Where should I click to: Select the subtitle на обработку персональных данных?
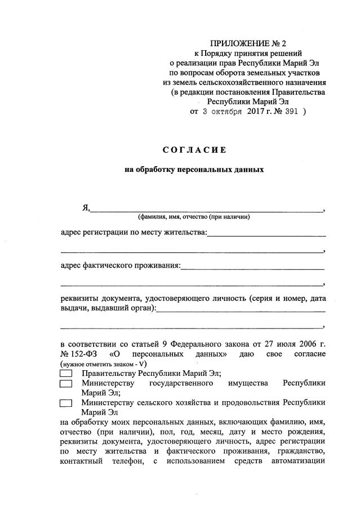click(x=193, y=168)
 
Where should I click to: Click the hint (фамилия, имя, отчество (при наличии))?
click(x=193, y=217)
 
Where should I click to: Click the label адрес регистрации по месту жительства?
click(x=134, y=232)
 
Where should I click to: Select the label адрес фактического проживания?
click(x=121, y=265)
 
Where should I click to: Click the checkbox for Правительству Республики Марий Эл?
click(x=66, y=374)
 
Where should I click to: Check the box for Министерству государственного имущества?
click(x=66, y=384)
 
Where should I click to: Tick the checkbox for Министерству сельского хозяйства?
click(x=66, y=403)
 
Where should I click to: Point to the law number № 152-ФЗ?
click(x=79, y=354)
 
